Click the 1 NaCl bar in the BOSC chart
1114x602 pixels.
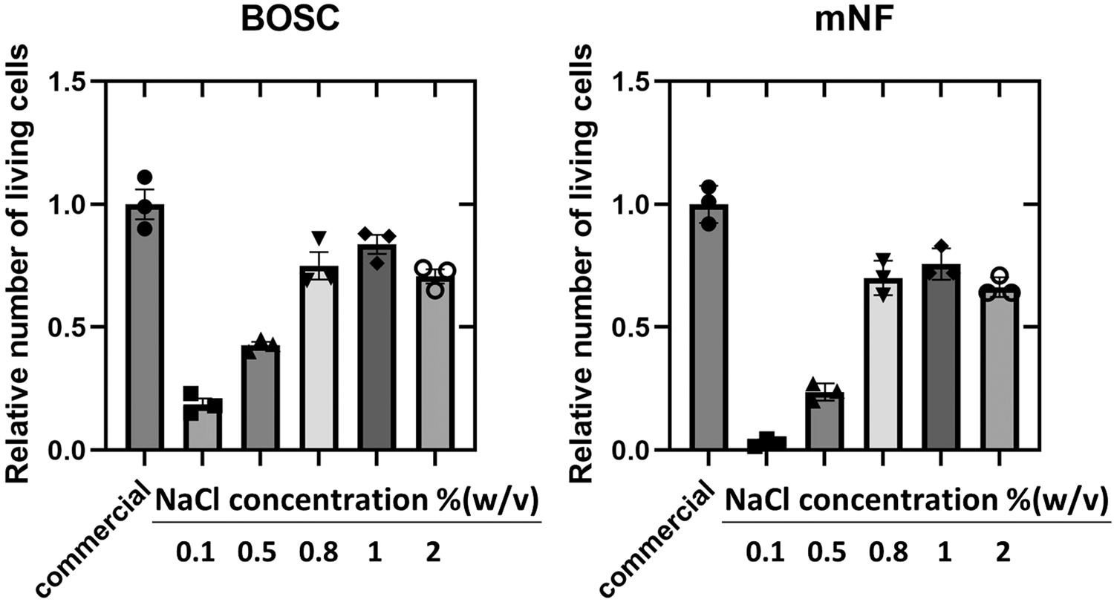pyautogui.click(x=377, y=349)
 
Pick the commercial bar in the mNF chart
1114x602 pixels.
pyautogui.click(x=709, y=334)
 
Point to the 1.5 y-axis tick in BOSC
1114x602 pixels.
pyautogui.click(x=70, y=82)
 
